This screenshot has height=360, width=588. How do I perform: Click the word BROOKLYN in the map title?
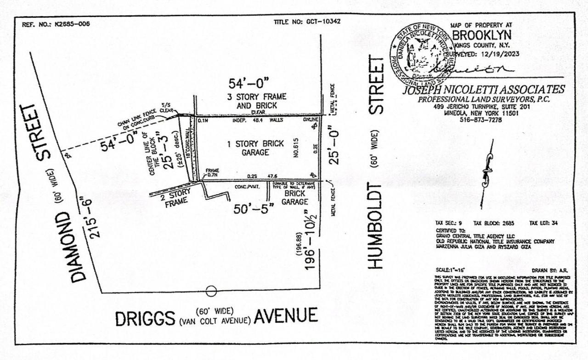[481, 35]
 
